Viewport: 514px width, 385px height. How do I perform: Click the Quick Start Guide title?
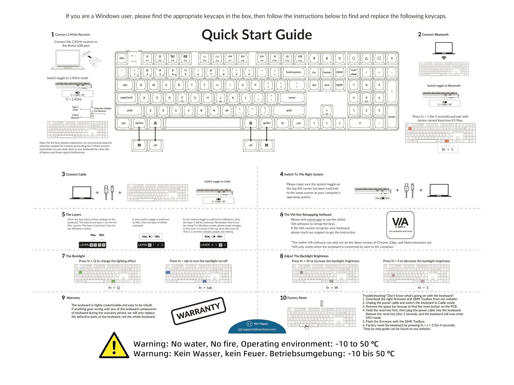(257, 35)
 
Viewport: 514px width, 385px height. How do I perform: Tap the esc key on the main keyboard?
(122, 58)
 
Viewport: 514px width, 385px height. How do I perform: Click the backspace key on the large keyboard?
(293, 72)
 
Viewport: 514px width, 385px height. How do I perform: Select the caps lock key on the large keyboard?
(126, 98)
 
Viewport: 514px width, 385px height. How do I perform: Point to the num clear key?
(353, 72)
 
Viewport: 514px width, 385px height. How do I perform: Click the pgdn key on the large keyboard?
(339, 85)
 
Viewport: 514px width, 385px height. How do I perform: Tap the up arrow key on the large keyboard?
(327, 111)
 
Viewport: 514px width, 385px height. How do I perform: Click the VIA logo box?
(400, 225)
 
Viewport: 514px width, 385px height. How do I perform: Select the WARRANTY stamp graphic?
(199, 311)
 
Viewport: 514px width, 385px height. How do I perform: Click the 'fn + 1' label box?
(447, 150)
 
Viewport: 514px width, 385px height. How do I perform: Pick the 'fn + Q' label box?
(114, 288)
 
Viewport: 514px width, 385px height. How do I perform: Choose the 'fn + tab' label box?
(205, 288)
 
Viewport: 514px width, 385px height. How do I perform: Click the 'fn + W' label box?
(332, 288)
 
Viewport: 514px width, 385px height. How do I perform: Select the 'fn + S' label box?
(423, 288)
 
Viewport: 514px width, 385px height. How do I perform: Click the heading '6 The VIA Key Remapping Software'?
(306, 215)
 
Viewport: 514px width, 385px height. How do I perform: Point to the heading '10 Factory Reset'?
(293, 298)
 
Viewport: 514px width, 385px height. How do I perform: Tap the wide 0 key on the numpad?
(360, 123)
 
